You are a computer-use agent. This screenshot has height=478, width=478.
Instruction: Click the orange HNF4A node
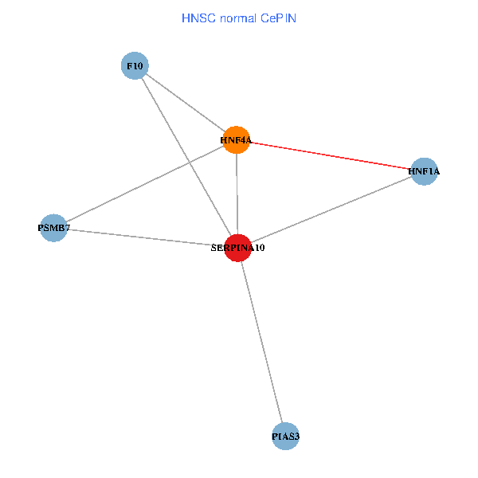point(237,140)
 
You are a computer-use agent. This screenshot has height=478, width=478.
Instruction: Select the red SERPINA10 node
point(238,248)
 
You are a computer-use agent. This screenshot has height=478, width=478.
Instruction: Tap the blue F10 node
point(135,65)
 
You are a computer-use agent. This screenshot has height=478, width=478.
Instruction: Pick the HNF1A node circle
point(425,171)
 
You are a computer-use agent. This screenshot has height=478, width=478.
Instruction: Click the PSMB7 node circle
point(53,229)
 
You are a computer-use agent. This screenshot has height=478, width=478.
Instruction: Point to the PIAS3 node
point(284,436)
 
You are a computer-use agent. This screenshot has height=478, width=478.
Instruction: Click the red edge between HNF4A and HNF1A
point(331,155)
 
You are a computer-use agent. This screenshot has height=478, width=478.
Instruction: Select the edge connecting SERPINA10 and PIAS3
point(261,342)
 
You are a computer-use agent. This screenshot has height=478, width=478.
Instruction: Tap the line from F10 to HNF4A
point(186,103)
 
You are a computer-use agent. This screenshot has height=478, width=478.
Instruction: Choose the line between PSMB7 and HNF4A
point(145,184)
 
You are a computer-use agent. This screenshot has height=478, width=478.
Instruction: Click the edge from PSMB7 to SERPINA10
point(146,238)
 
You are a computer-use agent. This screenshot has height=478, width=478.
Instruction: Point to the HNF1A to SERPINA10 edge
point(331,210)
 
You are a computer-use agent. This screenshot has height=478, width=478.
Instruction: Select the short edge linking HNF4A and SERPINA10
point(237,194)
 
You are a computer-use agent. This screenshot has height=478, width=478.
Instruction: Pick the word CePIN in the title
point(279,18)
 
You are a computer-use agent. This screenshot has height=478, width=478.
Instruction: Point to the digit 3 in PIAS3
point(297,437)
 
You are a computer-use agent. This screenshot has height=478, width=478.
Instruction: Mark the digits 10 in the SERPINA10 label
point(259,249)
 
